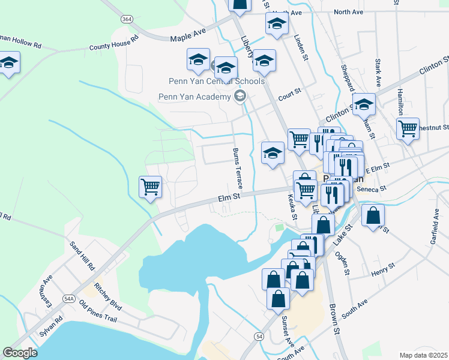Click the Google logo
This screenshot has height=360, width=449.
20,353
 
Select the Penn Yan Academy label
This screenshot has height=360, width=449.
194,97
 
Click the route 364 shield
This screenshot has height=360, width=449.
126,19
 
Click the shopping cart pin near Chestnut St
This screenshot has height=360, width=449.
408,128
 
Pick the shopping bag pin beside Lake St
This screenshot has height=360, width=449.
373,216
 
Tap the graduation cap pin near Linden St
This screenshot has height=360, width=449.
277,24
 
